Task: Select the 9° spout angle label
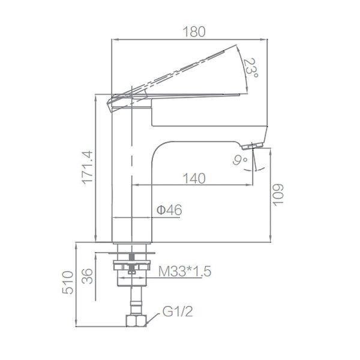point(241,160)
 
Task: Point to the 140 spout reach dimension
point(193,178)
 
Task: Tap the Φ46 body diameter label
point(169,210)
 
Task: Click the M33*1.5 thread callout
point(185,272)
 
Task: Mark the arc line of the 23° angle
point(245,66)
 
